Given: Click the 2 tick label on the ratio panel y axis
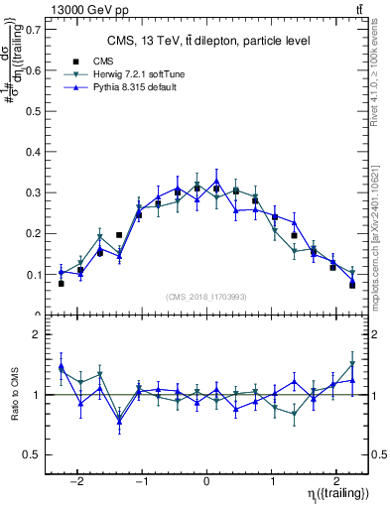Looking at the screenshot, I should pyautogui.click(x=38, y=335).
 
